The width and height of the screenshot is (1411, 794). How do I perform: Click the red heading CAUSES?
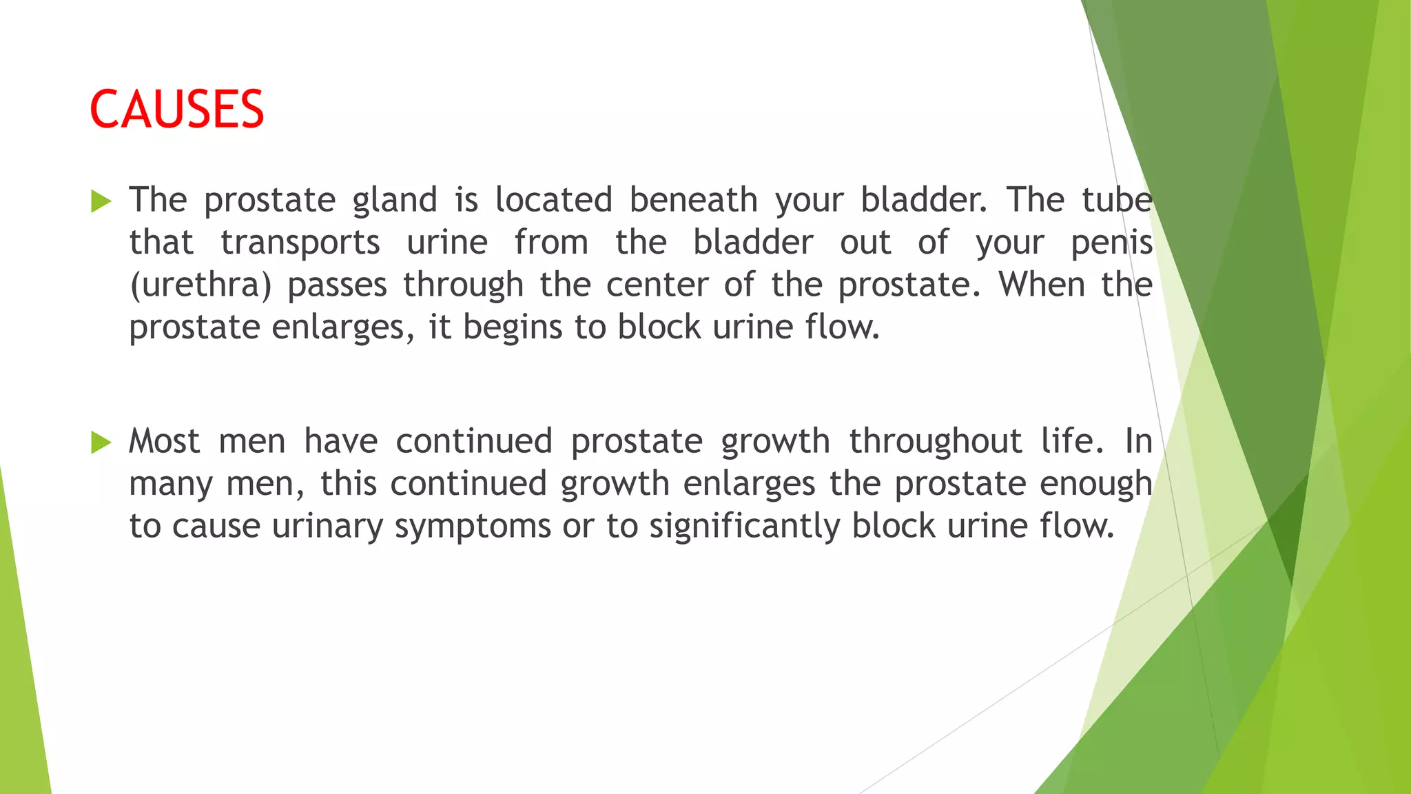coord(176,110)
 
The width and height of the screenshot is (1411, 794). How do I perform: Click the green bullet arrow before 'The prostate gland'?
coord(101,201)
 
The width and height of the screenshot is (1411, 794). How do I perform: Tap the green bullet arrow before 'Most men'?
coord(101,442)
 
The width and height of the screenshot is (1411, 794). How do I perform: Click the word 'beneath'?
coord(693,200)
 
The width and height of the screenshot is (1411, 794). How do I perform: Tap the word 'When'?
coord(1042,284)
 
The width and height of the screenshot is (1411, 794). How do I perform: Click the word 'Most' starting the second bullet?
coord(164,441)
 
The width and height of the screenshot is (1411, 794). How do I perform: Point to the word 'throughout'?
coord(935,442)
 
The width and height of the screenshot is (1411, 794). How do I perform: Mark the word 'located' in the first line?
coord(553,200)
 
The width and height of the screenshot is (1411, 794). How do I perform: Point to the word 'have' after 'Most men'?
coord(340,441)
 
